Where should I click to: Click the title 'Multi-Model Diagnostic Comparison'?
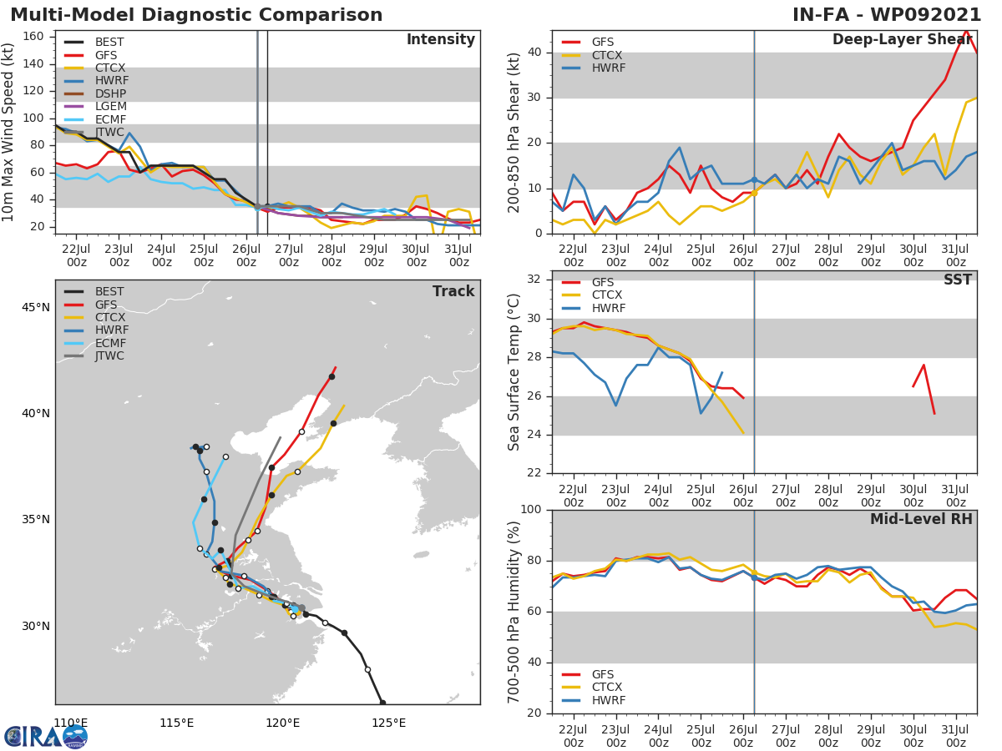pos(196,15)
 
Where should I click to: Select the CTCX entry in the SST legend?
pos(607,295)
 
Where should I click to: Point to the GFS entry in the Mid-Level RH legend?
pos(607,674)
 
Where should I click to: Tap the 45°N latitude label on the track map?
pos(34,307)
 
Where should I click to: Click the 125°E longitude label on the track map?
pos(389,723)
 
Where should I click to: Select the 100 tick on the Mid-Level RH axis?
pos(529,510)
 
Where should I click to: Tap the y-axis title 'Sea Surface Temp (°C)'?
pos(514,371)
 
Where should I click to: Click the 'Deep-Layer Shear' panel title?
pos(902,40)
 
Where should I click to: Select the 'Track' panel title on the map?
pos(453,291)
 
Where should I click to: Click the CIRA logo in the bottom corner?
pos(46,736)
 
